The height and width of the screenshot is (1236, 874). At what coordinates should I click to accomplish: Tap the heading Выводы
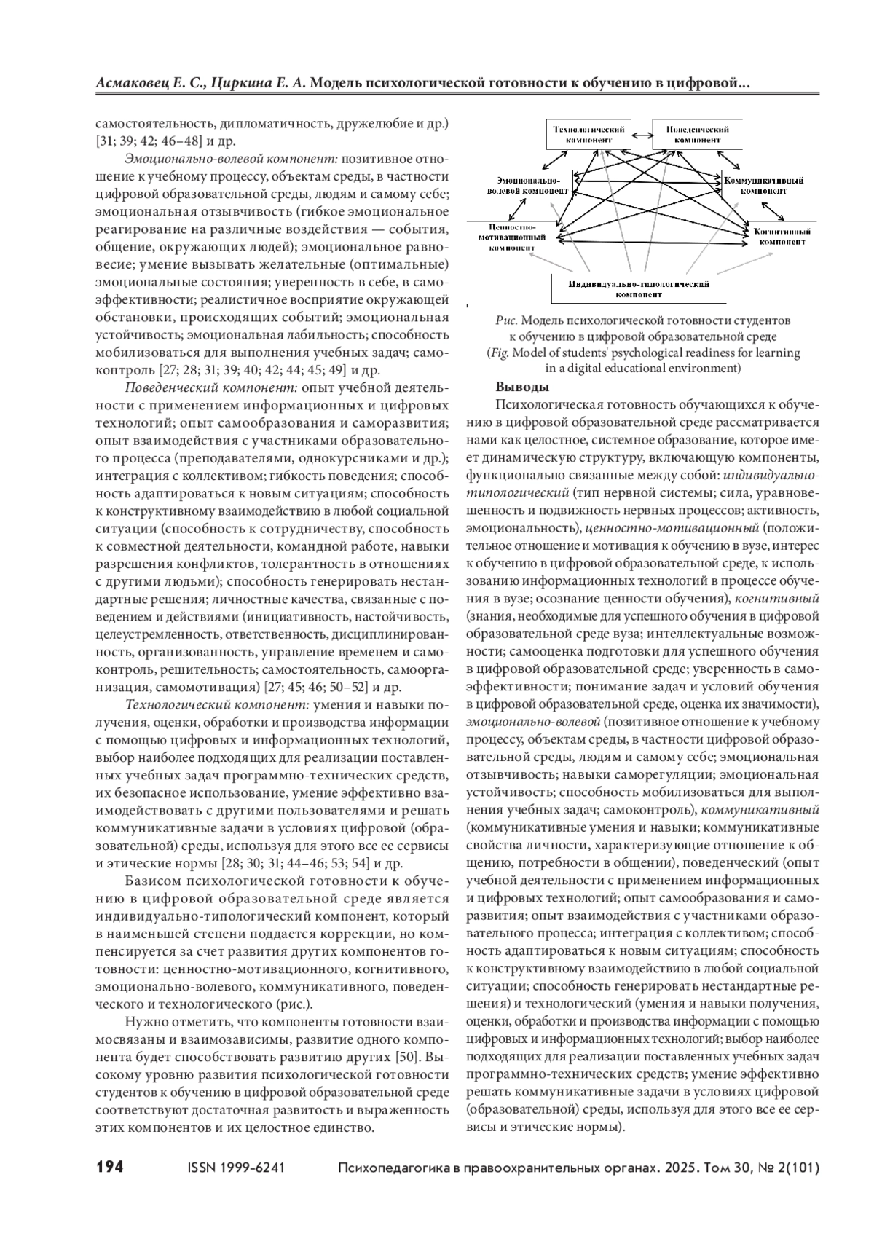point(522,387)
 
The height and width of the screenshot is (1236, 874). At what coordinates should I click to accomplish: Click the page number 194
point(110,1167)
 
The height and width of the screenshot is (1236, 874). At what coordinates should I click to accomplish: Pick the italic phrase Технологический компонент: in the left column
point(218,704)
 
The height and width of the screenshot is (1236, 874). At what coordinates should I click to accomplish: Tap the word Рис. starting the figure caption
point(505,320)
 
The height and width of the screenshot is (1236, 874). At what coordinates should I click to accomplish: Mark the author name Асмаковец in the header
point(130,84)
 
